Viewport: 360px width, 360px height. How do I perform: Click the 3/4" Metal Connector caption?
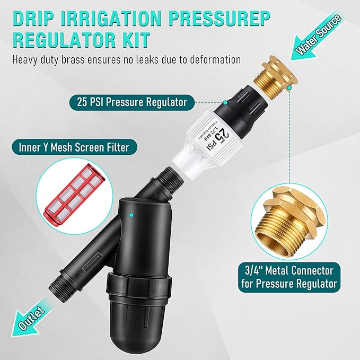(287, 277)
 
